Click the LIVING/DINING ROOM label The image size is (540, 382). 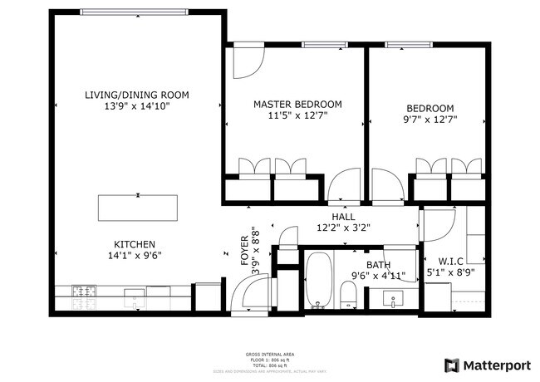click(137, 95)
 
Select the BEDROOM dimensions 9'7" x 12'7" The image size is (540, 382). click(430, 120)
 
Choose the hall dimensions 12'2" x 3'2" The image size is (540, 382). click(343, 227)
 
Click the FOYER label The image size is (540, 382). click(245, 248)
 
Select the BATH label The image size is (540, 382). click(366, 264)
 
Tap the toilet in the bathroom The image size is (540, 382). click(349, 294)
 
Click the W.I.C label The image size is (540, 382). click(449, 260)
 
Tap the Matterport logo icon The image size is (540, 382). click(452, 365)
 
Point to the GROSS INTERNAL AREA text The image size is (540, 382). click(269, 355)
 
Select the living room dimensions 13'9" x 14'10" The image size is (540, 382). click(137, 107)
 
